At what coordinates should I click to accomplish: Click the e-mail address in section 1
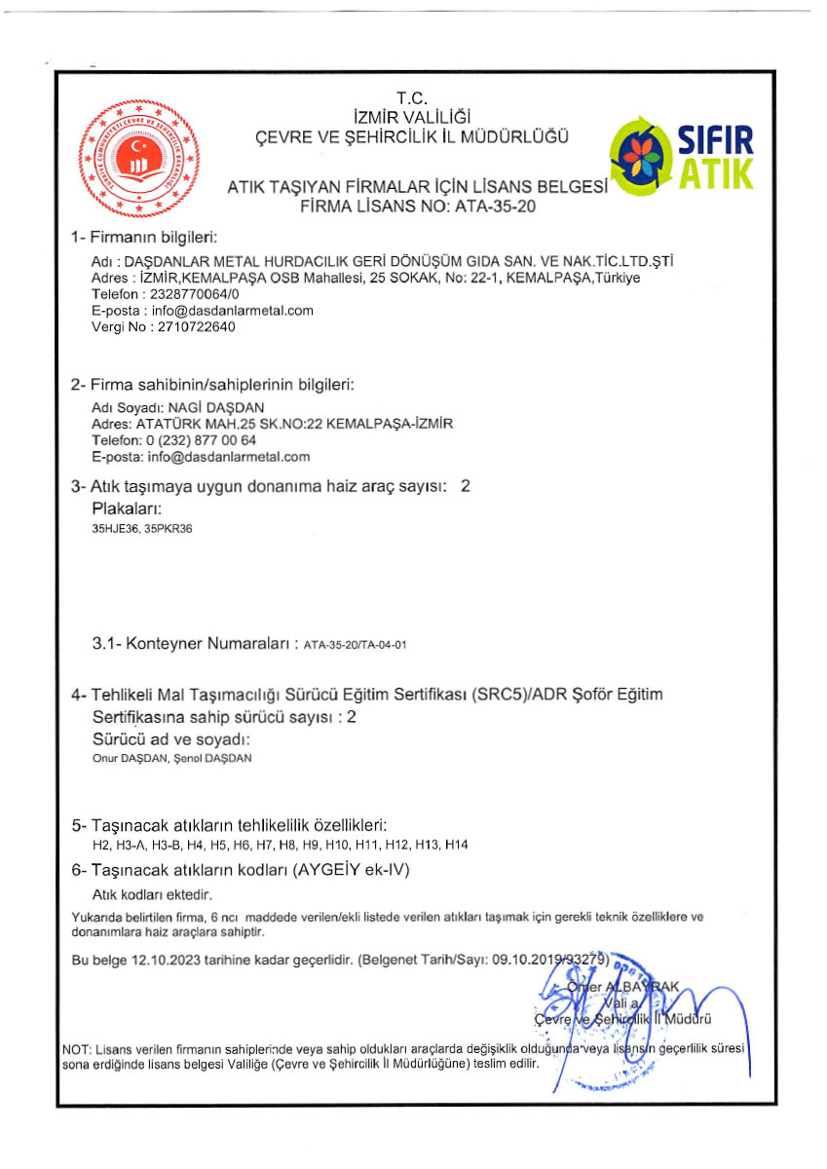coord(229,311)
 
